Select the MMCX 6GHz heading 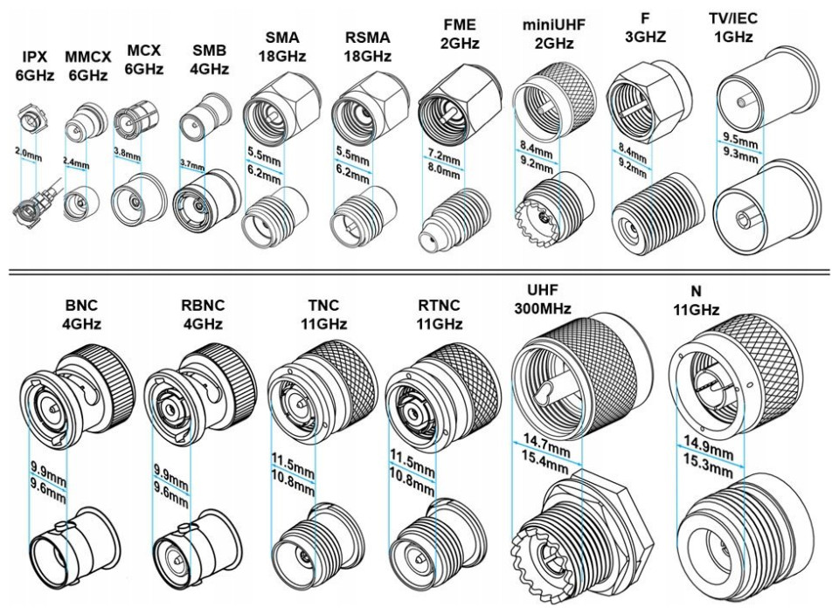(87, 66)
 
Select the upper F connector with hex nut (644, 106)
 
